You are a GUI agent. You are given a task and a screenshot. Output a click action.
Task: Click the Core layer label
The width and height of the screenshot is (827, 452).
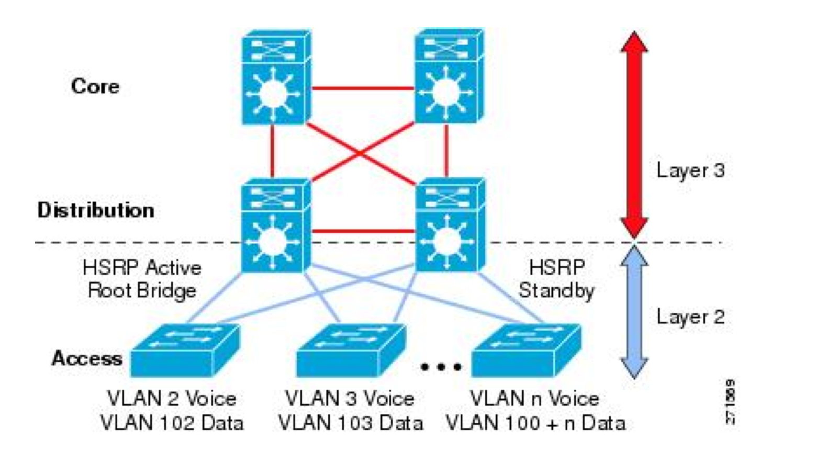point(95,86)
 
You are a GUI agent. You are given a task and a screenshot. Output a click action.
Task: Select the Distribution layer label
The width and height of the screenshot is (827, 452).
point(96,210)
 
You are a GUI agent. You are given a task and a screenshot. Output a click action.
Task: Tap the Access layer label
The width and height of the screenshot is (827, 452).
point(86,358)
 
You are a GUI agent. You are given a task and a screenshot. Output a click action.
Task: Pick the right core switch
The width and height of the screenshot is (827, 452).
point(449,77)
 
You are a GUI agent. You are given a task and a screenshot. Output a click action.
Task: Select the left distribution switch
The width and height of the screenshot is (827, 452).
point(275,226)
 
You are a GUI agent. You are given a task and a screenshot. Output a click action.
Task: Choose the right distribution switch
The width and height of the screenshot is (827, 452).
point(449,226)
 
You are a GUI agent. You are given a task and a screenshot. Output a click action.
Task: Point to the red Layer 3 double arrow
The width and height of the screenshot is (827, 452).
point(634,133)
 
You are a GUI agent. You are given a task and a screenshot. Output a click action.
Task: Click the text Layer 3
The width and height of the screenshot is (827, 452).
point(690,170)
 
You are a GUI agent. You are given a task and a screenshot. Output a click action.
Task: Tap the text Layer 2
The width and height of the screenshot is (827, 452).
point(690,317)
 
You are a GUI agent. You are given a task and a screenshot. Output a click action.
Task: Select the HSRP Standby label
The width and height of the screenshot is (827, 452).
point(556,279)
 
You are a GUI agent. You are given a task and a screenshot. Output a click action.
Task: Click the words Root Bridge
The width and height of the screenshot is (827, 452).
point(142,290)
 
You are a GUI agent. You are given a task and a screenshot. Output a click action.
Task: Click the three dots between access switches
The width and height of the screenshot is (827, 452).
point(441,367)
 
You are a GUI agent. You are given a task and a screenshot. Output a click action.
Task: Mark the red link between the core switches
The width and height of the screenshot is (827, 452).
point(362,88)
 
